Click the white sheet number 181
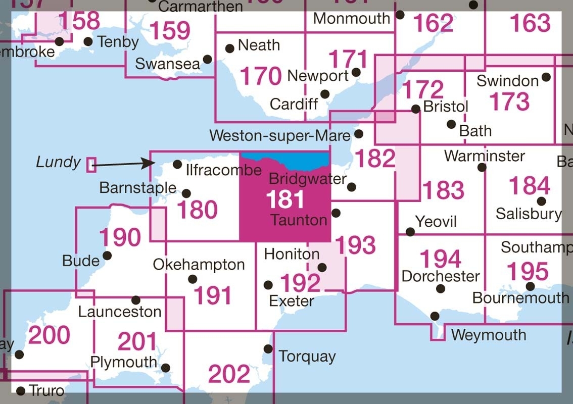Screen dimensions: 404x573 pos(285,199)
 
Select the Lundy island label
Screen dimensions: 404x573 pos(59,162)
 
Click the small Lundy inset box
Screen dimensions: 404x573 pos(91,165)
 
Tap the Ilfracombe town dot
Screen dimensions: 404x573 pos(177,164)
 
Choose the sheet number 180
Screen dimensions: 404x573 pos(197,210)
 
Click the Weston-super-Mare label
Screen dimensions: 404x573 pos(280,135)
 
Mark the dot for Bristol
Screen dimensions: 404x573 pos(415,109)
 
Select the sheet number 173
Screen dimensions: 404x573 pos(509,102)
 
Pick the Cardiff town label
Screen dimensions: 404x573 pos(294,104)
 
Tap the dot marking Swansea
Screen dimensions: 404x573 pos(207,60)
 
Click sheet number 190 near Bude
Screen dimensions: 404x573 pos(120,237)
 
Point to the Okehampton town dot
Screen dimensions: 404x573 pos(193,279)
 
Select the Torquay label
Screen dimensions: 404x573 pos(307,357)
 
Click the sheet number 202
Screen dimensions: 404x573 pos(229,374)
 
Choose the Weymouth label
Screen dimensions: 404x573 pos(489,335)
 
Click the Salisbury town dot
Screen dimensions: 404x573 pos(541,201)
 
